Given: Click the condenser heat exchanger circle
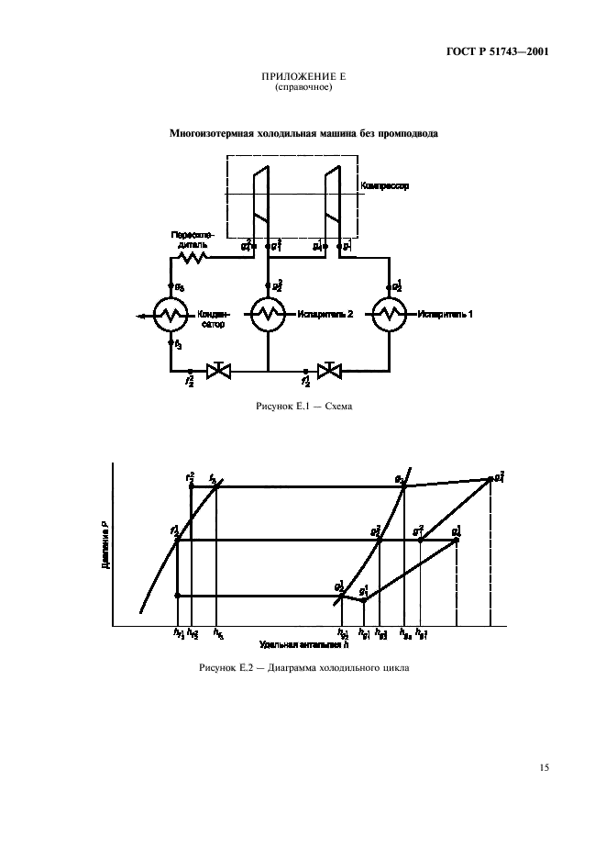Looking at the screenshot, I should [171, 316].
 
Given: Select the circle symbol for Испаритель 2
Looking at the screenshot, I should [268, 316].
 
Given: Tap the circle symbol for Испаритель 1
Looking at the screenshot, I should [390, 316].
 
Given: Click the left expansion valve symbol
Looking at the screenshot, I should [219, 371].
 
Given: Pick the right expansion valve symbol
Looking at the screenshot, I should [328, 371].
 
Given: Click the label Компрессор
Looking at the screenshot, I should [384, 185].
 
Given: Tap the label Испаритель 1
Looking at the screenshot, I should [446, 316].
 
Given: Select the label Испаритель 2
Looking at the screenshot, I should [325, 316].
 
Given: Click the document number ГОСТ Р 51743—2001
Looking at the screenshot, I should [499, 51].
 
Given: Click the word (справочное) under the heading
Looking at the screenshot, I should [303, 89].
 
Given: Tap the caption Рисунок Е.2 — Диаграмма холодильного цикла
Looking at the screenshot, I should [303, 667].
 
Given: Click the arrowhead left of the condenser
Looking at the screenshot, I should [138, 317].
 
